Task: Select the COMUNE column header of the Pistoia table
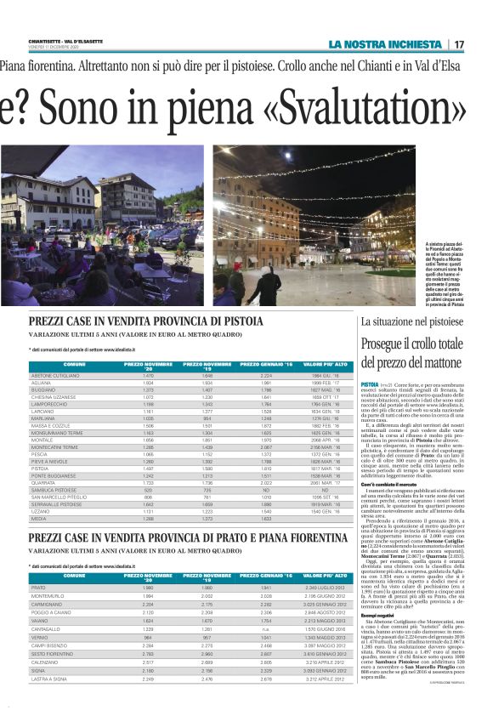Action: (74, 365)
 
